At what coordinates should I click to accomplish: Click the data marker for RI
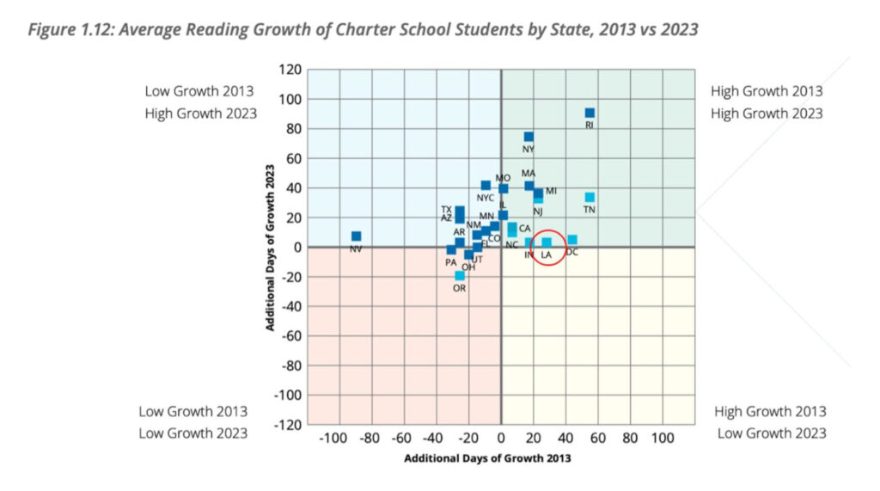tap(590, 113)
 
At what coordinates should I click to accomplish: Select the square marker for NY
tap(529, 137)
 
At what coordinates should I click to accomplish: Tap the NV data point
tap(356, 236)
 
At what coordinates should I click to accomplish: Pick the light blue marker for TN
tap(590, 197)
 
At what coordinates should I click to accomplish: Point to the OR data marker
tap(460, 275)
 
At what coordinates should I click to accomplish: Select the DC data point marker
tap(572, 240)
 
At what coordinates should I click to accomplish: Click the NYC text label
tap(486, 199)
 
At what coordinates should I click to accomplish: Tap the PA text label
tap(450, 262)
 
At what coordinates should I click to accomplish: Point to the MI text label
tap(552, 191)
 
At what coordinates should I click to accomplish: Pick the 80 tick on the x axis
tap(631, 439)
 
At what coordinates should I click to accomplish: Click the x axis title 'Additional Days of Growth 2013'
tap(487, 458)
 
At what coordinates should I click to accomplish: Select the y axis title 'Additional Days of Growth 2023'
tap(270, 247)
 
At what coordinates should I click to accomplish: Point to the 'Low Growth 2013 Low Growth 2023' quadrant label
tap(193, 422)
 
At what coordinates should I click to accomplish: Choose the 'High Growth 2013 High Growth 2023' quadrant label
tap(767, 102)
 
